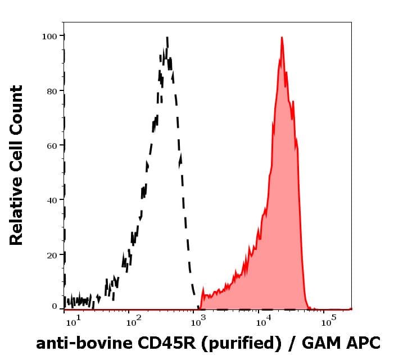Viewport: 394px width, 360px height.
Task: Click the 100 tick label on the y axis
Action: (x=49, y=37)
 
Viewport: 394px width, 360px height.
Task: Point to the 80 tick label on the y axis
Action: (x=52, y=91)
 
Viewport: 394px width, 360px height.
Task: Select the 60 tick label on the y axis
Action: (x=52, y=145)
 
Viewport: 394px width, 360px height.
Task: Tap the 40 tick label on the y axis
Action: (x=52, y=200)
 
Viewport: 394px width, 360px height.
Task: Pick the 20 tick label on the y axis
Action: (x=52, y=255)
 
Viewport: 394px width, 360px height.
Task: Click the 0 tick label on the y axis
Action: (x=55, y=307)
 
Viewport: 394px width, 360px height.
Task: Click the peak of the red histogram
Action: (x=281, y=38)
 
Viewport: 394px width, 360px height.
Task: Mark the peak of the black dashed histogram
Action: (x=167, y=38)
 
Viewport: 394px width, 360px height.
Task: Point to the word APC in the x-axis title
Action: (x=365, y=343)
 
